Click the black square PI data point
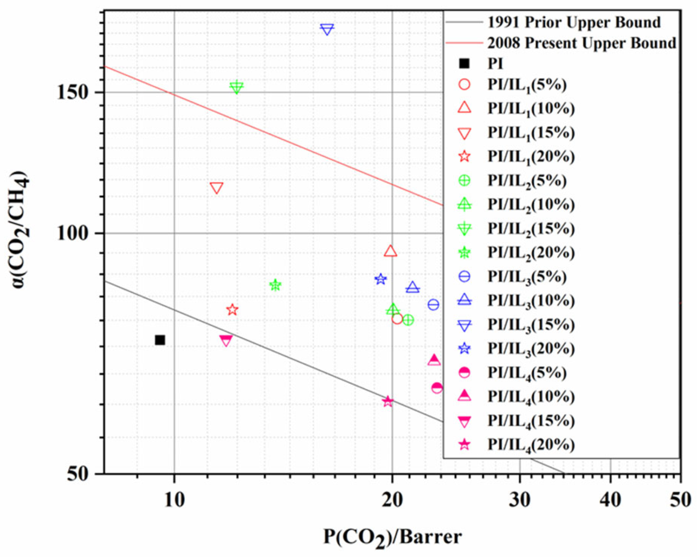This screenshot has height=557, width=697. coord(160,340)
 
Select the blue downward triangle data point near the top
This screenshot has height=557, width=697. coord(327,29)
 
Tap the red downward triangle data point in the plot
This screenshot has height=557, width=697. coord(217,188)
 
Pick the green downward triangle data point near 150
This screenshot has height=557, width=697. coord(236,87)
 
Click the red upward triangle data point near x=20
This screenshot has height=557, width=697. coord(390,251)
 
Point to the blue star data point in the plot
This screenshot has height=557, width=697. coord(380,279)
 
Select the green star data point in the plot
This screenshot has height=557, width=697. coord(275,285)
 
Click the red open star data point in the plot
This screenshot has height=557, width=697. coord(232,310)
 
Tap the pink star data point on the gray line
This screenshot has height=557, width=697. coord(388,402)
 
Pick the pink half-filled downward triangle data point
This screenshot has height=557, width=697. coord(226,341)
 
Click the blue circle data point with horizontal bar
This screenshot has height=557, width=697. coord(434,304)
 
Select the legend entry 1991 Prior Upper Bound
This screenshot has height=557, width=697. coord(574,22)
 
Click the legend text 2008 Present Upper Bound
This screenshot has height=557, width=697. coord(581,43)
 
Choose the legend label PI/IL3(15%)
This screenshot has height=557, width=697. coord(531,325)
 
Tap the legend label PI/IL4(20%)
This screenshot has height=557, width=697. coord(531,445)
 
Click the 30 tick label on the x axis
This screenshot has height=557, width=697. coord(520,500)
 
